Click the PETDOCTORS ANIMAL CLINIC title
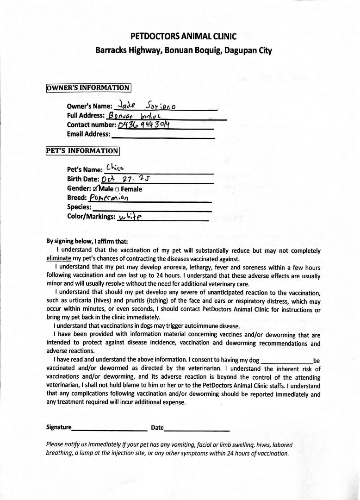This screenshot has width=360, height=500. (x=184, y=36)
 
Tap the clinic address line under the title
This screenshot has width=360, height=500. (x=184, y=50)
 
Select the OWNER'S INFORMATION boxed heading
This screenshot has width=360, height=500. (x=88, y=87)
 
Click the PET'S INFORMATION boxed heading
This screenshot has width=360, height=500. (x=83, y=150)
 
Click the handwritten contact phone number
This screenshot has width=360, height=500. (x=144, y=125)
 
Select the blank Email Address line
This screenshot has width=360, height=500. (x=163, y=135)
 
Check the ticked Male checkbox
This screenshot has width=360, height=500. (x=95, y=189)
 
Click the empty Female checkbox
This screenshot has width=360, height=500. (x=118, y=189)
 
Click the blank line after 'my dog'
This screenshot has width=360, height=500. (x=287, y=361)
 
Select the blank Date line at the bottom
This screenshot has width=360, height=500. (x=197, y=428)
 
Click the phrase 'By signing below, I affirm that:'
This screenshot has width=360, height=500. (x=87, y=241)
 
